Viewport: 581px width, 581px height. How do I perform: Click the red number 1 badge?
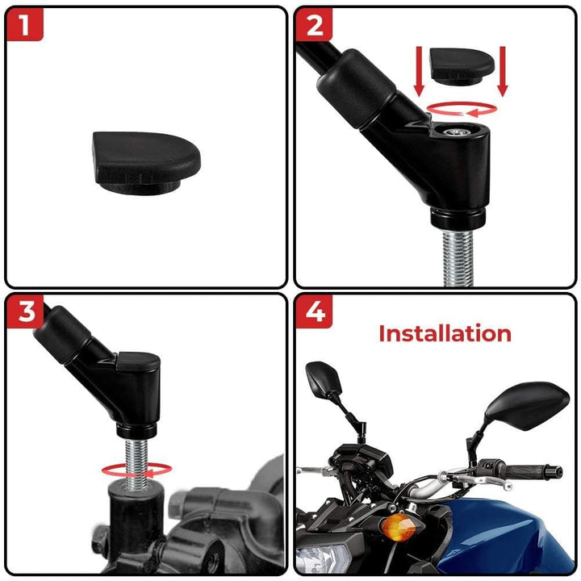point(24,24)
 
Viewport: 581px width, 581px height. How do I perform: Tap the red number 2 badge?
point(314,24)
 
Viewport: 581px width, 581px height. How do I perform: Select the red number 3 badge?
point(25,311)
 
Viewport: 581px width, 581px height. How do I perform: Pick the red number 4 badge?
point(314,311)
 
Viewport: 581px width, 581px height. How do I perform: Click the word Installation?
point(445,333)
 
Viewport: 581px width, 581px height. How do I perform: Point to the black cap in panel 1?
point(146,162)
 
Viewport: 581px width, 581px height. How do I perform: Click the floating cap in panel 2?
point(462,66)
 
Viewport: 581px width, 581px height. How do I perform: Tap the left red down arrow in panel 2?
point(419,71)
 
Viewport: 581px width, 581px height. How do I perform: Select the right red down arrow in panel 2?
point(503,71)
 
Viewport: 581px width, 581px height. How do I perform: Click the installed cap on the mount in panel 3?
point(138,362)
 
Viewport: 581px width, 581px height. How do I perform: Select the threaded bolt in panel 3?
point(136,463)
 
